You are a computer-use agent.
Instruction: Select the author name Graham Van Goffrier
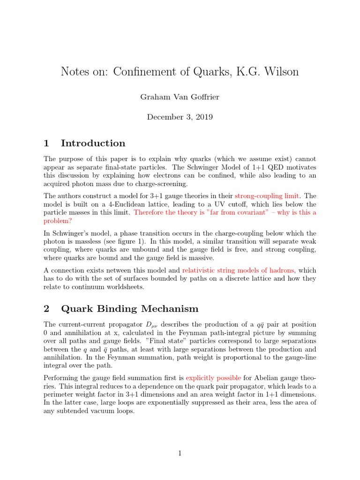(180, 97)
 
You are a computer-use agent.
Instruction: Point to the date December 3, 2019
(180, 117)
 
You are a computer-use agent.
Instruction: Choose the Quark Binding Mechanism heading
(130, 308)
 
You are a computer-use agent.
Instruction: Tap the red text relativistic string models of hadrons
(238, 270)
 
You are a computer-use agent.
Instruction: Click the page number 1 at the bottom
(180, 453)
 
